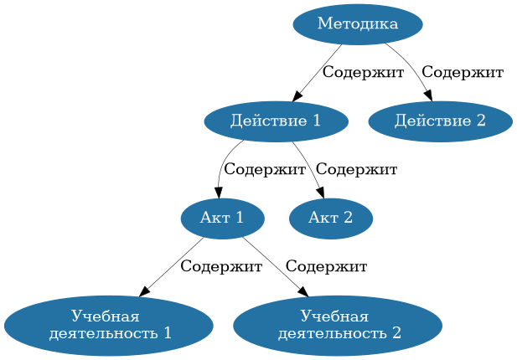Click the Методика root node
pyautogui.click(x=357, y=24)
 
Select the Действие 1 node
pyautogui.click(x=276, y=121)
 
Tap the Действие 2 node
pyautogui.click(x=440, y=121)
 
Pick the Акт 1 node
pyautogui.click(x=222, y=219)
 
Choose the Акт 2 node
pyautogui.click(x=330, y=219)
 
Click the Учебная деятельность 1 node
pyautogui.click(x=108, y=326)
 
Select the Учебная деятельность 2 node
pyautogui.click(x=337, y=326)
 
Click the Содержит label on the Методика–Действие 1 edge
pyautogui.click(x=363, y=73)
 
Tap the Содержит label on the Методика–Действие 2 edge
pyautogui.click(x=463, y=73)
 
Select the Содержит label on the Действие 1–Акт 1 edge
pyautogui.click(x=265, y=170)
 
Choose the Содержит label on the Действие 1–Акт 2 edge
pyautogui.click(x=356, y=170)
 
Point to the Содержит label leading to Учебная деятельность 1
pyautogui.click(x=221, y=267)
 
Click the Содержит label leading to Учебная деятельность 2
pyautogui.click(x=326, y=267)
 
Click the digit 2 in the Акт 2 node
pyautogui.click(x=347, y=219)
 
